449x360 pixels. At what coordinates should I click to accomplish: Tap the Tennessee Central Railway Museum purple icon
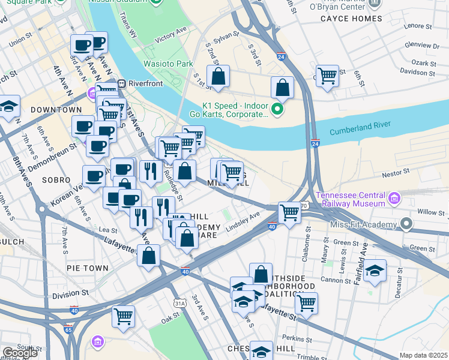(x=394, y=197)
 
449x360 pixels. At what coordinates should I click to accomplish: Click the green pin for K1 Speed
(x=277, y=109)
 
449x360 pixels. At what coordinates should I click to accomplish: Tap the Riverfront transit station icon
(x=121, y=84)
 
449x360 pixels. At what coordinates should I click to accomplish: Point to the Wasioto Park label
(x=167, y=64)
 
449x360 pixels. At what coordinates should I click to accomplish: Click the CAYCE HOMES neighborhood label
(x=351, y=19)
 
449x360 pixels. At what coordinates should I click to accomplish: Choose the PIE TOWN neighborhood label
(x=88, y=268)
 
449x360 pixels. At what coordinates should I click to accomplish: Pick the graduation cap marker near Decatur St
(x=375, y=271)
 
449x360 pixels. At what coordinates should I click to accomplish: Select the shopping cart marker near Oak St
(x=123, y=316)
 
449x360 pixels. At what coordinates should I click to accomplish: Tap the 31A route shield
(x=179, y=304)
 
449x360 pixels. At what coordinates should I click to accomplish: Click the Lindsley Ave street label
(x=243, y=222)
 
